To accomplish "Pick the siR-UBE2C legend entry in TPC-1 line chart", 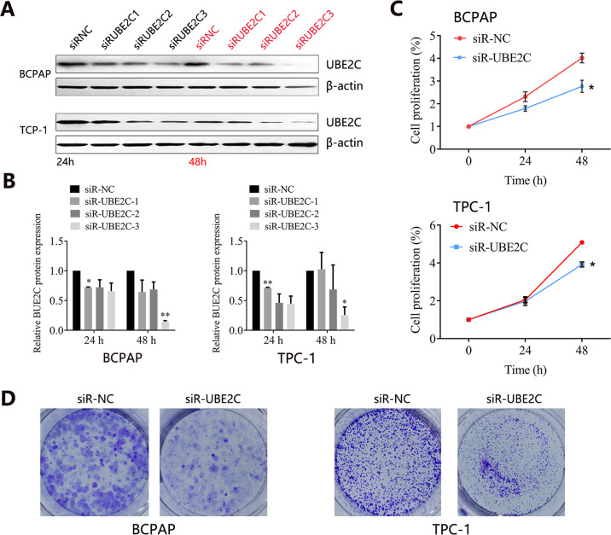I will [503, 247].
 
